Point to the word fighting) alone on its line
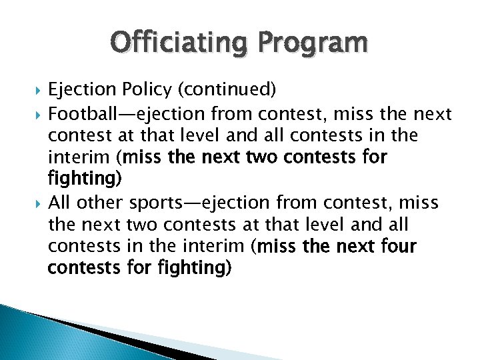tap(84, 180)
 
